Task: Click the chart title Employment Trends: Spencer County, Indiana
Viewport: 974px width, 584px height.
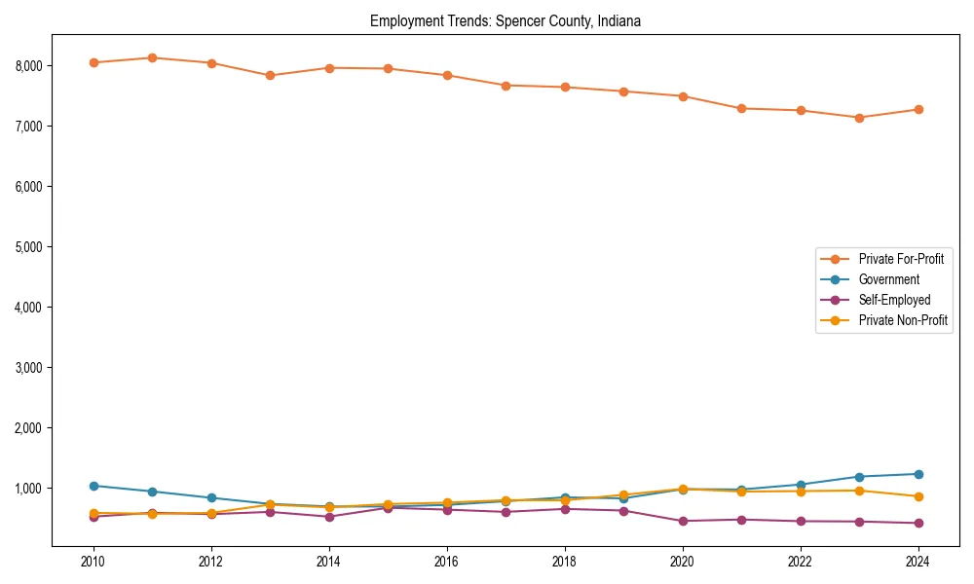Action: pyautogui.click(x=505, y=20)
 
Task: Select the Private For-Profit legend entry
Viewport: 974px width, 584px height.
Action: pyautogui.click(x=895, y=259)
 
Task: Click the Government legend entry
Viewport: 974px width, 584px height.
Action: pyautogui.click(x=888, y=279)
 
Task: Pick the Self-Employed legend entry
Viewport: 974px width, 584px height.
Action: pyautogui.click(x=894, y=300)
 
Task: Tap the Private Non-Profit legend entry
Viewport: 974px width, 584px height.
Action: pyautogui.click(x=903, y=320)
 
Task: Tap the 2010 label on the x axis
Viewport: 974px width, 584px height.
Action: pyautogui.click(x=94, y=562)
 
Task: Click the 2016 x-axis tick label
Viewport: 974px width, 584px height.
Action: pyautogui.click(x=446, y=562)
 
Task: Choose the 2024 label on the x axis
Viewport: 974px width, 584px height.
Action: pyautogui.click(x=918, y=562)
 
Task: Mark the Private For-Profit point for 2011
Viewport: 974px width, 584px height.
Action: pyautogui.click(x=152, y=57)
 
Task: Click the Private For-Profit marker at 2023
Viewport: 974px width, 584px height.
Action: pyautogui.click(x=859, y=118)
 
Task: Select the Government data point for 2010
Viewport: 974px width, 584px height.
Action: pyautogui.click(x=94, y=486)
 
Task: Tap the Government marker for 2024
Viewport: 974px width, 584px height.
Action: pyautogui.click(x=918, y=474)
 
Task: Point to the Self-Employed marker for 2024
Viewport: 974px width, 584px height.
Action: pyautogui.click(x=918, y=523)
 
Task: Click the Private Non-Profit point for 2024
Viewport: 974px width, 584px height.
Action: pyautogui.click(x=918, y=496)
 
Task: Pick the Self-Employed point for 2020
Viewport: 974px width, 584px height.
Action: pyautogui.click(x=682, y=521)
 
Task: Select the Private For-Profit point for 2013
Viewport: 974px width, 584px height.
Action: pyautogui.click(x=270, y=75)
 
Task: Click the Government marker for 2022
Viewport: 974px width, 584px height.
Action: pyautogui.click(x=800, y=485)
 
